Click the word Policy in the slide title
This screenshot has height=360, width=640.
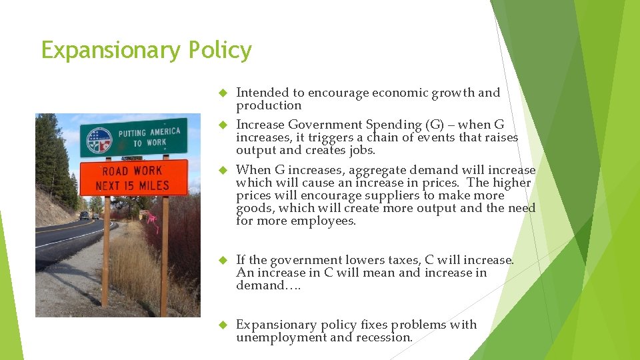click(x=220, y=51)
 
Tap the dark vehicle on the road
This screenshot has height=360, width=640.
click(x=83, y=216)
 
